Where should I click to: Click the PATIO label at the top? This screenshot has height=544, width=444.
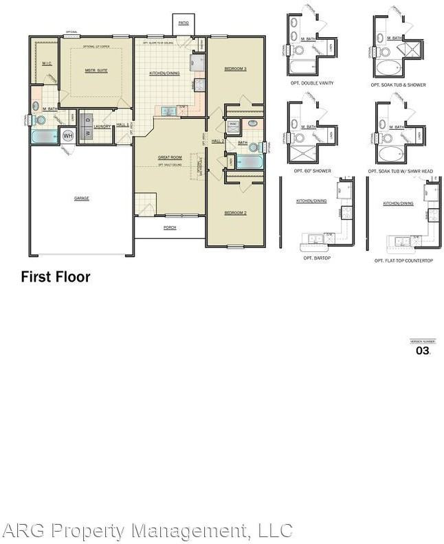pyautogui.click(x=183, y=23)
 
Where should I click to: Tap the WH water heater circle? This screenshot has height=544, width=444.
pyautogui.click(x=67, y=135)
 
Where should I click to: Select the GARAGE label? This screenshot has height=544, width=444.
pyautogui.click(x=82, y=199)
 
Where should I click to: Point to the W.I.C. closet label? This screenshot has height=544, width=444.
pyautogui.click(x=47, y=63)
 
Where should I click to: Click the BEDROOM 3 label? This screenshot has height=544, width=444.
pyautogui.click(x=235, y=69)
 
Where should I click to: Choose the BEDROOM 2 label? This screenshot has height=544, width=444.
pyautogui.click(x=235, y=213)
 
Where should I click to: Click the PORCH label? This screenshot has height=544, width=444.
pyautogui.click(x=170, y=227)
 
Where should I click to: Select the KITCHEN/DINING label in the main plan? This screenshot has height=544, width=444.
pyautogui.click(x=165, y=72)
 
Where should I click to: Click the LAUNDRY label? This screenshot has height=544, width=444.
pyautogui.click(x=102, y=126)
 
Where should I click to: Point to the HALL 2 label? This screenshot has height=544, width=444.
pyautogui.click(x=218, y=141)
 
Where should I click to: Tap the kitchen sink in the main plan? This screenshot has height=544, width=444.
pyautogui.click(x=168, y=111)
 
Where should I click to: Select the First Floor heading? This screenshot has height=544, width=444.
pyautogui.click(x=56, y=277)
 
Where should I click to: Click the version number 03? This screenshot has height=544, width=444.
pyautogui.click(x=423, y=351)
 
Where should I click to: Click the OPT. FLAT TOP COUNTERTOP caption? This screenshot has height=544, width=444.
pyautogui.click(x=403, y=261)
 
